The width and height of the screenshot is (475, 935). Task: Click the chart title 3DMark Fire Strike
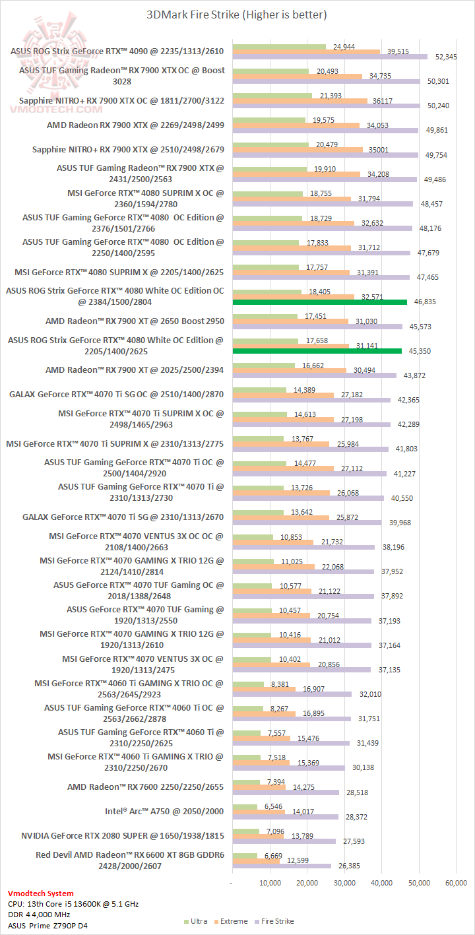click(237, 14)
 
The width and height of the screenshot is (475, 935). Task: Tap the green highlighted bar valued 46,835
click(320, 302)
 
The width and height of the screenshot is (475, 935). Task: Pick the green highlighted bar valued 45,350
click(317, 351)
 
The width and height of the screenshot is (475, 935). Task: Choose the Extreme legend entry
click(231, 921)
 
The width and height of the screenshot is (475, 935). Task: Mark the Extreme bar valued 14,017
click(259, 811)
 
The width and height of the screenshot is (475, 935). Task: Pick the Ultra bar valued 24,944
click(279, 47)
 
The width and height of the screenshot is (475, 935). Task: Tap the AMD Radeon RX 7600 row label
click(146, 786)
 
